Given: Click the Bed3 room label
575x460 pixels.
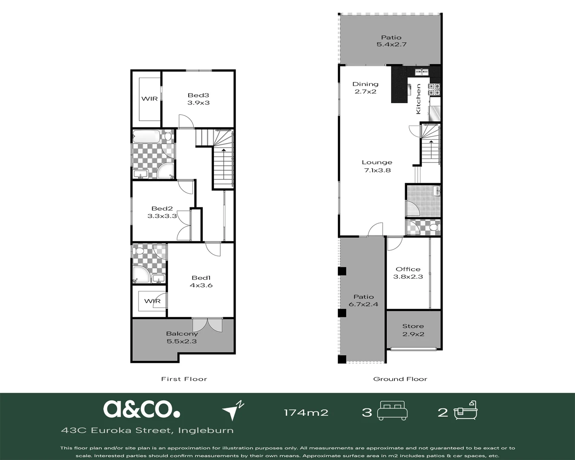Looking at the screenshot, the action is tap(198, 95).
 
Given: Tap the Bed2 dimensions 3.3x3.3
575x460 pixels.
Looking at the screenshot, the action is tap(162, 216).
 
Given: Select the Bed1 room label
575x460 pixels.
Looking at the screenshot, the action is tap(201, 278).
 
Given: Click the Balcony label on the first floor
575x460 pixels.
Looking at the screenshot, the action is tap(182, 333).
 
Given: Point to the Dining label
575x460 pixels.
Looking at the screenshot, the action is tap(365, 84).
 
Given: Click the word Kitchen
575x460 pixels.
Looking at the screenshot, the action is tap(418, 99).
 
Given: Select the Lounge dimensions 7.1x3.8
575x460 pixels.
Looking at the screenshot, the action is tap(377, 170).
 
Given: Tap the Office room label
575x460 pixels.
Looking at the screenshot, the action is tap(408, 269).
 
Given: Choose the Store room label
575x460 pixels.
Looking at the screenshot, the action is tap(413, 326).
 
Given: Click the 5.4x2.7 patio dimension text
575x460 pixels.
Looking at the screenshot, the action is tap(391, 45).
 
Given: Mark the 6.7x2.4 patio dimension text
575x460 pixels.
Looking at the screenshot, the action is tap(363, 304).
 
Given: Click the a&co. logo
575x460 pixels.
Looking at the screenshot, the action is tap(141, 409).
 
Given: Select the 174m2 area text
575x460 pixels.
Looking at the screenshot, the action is tap(306, 413).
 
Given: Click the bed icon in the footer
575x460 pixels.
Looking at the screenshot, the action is tap(392, 411).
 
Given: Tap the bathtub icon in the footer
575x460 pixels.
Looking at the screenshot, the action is tap(466, 410).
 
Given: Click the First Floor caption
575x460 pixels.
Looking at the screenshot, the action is tap(184, 379).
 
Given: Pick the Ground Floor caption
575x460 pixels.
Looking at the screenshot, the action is tap(400, 379).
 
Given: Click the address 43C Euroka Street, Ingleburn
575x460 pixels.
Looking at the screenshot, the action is tap(147, 431).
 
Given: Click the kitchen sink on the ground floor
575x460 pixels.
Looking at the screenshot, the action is tap(422, 72).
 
